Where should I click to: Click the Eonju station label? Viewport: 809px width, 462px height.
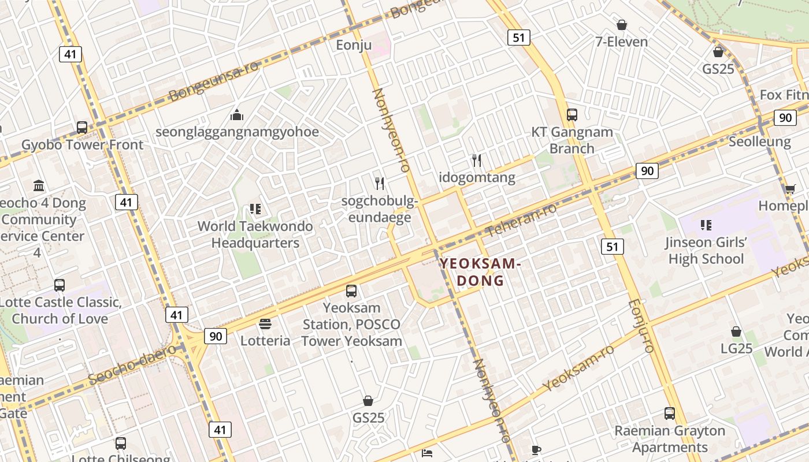(354, 45)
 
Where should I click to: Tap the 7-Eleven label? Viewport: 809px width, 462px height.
(622, 42)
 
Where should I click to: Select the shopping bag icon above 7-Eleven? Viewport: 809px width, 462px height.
(622, 25)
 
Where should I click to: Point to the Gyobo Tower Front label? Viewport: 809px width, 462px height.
(82, 144)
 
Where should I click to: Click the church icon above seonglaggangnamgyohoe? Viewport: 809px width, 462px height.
(237, 115)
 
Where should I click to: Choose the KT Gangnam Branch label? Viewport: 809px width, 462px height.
(572, 140)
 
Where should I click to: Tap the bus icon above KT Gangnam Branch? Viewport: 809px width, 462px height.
(572, 115)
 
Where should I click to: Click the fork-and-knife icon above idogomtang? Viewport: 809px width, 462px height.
(477, 160)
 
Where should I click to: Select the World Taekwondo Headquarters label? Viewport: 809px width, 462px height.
(255, 234)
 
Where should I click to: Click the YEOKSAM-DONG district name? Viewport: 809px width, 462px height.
(481, 272)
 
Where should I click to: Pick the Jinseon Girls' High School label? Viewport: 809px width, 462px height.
(706, 250)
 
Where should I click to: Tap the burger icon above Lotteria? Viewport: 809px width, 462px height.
(265, 324)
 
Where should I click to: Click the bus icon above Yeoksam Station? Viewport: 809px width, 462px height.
(351, 291)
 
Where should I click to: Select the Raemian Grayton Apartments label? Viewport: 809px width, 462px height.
(670, 439)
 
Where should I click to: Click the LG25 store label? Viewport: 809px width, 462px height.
(736, 348)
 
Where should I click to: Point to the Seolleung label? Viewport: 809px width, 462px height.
(759, 141)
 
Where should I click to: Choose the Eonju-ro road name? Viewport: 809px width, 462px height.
(640, 326)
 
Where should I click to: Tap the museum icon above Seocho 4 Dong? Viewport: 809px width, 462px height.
(39, 186)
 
